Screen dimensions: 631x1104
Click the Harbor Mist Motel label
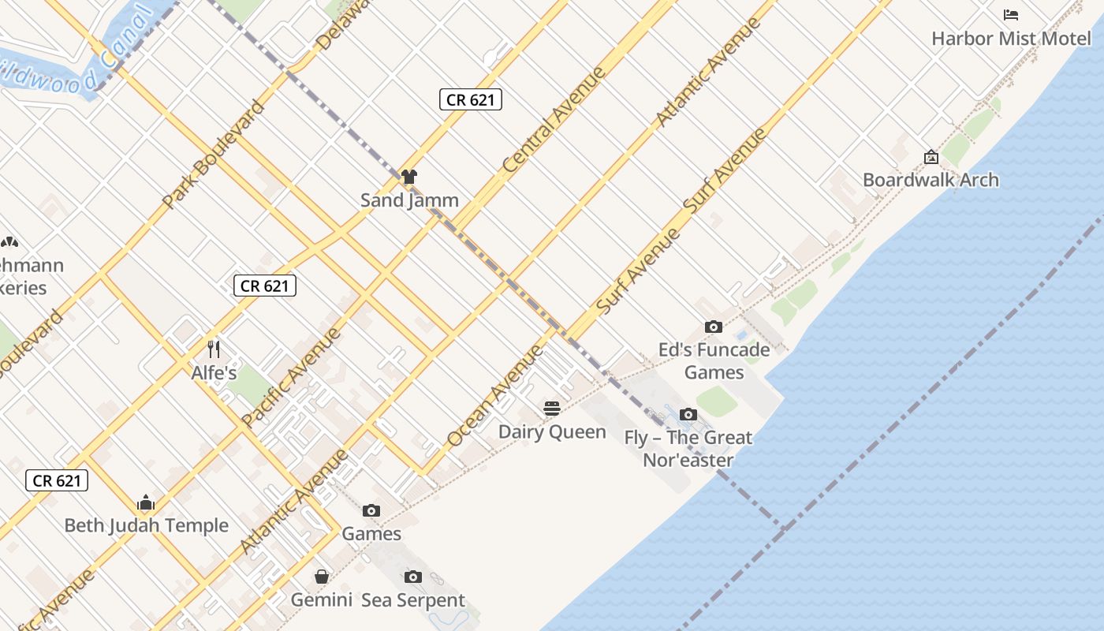tap(1011, 38)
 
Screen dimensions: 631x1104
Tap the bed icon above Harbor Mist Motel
tap(1011, 15)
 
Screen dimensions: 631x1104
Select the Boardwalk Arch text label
tap(931, 180)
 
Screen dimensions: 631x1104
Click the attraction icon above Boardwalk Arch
tap(931, 157)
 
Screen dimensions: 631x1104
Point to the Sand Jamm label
tap(409, 200)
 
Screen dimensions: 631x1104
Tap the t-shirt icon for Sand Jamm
tap(408, 177)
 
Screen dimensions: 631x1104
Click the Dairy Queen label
tap(552, 431)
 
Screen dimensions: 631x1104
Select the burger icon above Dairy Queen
tap(552, 409)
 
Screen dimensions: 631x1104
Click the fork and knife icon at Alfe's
tap(213, 349)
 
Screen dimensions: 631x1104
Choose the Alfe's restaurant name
tap(214, 372)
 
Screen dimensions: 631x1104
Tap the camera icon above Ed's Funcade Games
tap(713, 327)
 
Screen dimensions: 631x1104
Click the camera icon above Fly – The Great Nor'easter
tap(688, 414)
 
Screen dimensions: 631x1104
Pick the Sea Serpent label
tap(413, 600)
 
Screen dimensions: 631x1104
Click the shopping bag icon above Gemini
tap(322, 577)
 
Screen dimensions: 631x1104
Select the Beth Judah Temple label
tap(146, 525)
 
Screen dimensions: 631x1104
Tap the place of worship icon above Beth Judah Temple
tap(145, 502)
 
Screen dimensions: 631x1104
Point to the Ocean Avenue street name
tap(494, 396)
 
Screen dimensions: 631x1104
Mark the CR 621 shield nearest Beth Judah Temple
tap(56, 480)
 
